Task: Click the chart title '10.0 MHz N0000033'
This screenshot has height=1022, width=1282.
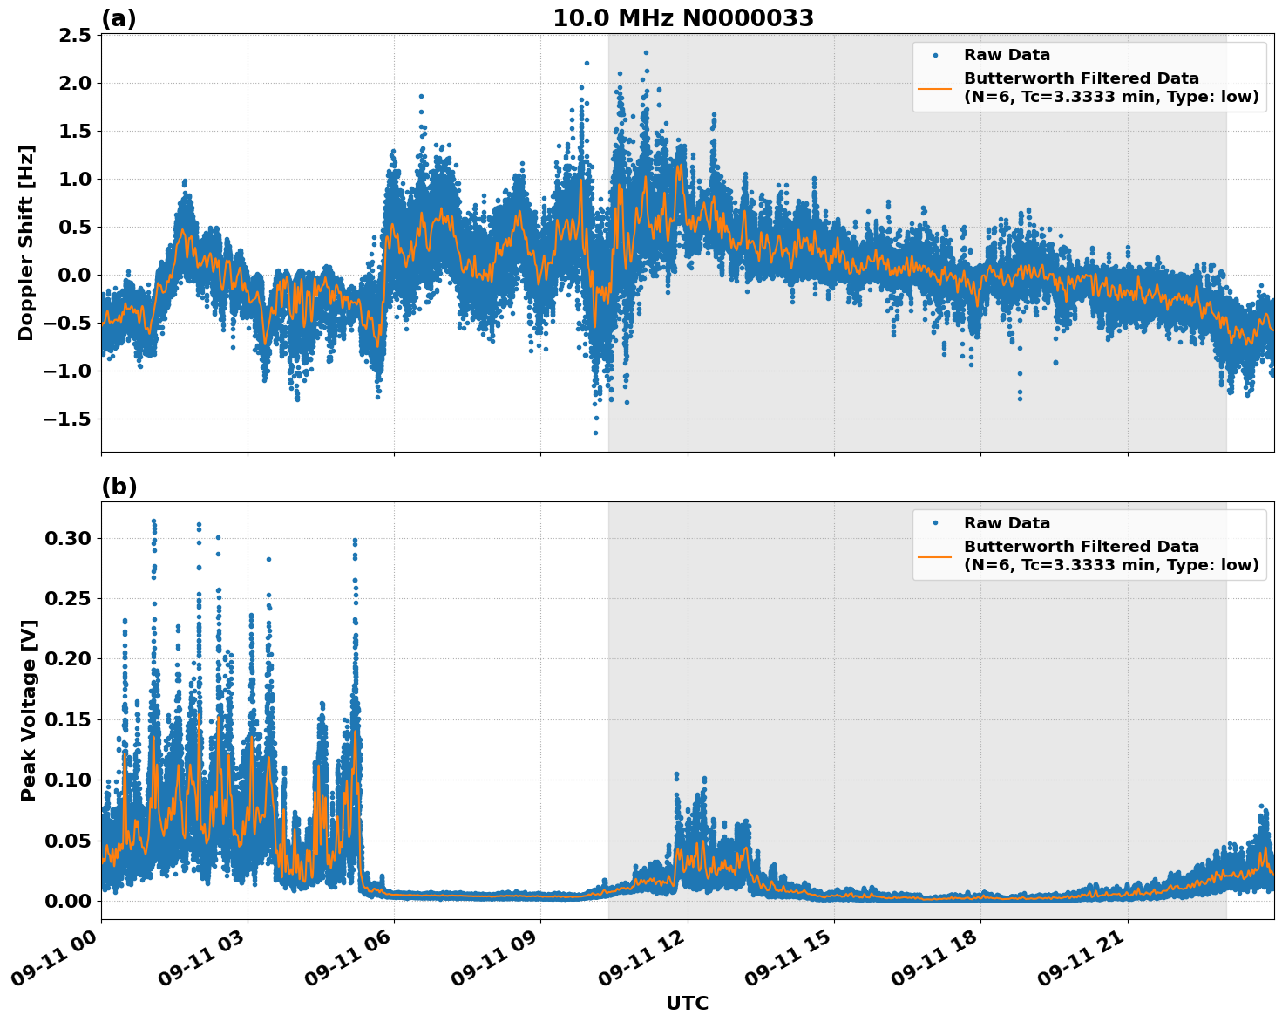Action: coord(683,18)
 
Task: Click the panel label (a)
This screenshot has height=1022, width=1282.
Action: coord(119,18)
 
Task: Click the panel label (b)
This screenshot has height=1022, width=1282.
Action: coord(119,487)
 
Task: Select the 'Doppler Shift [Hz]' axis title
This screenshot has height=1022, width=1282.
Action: coord(26,242)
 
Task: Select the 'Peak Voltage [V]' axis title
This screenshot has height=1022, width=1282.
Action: coord(29,710)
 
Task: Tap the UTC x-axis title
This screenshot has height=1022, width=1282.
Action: coord(687,1003)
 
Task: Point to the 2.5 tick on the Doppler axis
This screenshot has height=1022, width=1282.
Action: coord(72,35)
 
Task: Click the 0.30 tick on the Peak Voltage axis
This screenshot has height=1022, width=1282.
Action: coord(67,538)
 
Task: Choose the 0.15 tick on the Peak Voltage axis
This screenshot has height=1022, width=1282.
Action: coord(67,719)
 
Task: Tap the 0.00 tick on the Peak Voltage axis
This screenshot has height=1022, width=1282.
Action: coord(67,901)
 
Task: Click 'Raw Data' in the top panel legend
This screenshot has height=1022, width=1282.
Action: coord(1007,56)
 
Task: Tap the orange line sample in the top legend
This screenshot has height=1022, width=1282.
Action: coord(934,87)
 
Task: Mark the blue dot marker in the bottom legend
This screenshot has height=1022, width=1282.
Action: coord(934,523)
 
